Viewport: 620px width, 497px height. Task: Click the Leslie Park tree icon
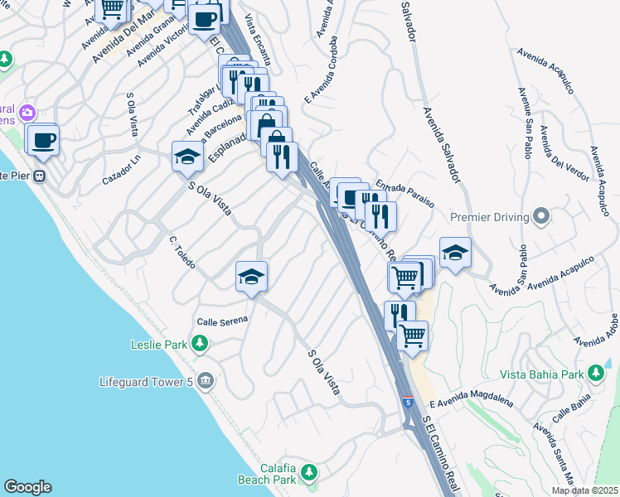point(199,343)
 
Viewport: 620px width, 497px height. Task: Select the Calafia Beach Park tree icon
point(309,472)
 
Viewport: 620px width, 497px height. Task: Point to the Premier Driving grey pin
point(542,217)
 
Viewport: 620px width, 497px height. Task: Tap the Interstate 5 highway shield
point(408,402)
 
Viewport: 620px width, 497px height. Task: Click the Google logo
point(27,487)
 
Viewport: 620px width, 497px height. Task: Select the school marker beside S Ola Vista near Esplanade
point(188,155)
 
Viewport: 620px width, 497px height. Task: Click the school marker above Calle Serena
point(251,276)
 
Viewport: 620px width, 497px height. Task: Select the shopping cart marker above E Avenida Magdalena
point(412,335)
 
